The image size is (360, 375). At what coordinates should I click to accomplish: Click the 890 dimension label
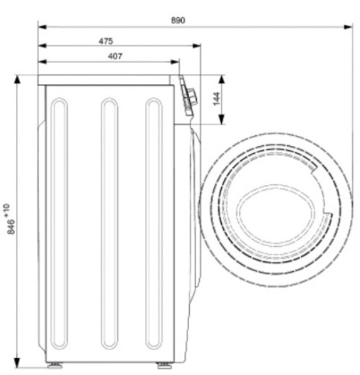click(x=178, y=21)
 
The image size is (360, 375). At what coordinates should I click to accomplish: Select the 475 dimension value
click(x=106, y=41)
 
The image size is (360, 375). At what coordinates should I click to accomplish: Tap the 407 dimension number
click(x=115, y=56)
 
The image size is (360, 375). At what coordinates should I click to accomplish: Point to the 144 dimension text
click(x=217, y=98)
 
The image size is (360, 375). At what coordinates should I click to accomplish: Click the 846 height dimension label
click(x=11, y=226)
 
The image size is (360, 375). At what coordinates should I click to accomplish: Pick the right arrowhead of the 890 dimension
click(x=348, y=27)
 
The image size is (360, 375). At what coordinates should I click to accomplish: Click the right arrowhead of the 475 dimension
click(x=196, y=46)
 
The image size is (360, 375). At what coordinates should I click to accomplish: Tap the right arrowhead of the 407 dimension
click(x=175, y=62)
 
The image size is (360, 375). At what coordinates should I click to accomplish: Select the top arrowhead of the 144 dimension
click(x=221, y=80)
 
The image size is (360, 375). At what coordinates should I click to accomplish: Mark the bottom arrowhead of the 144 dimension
click(x=221, y=120)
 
